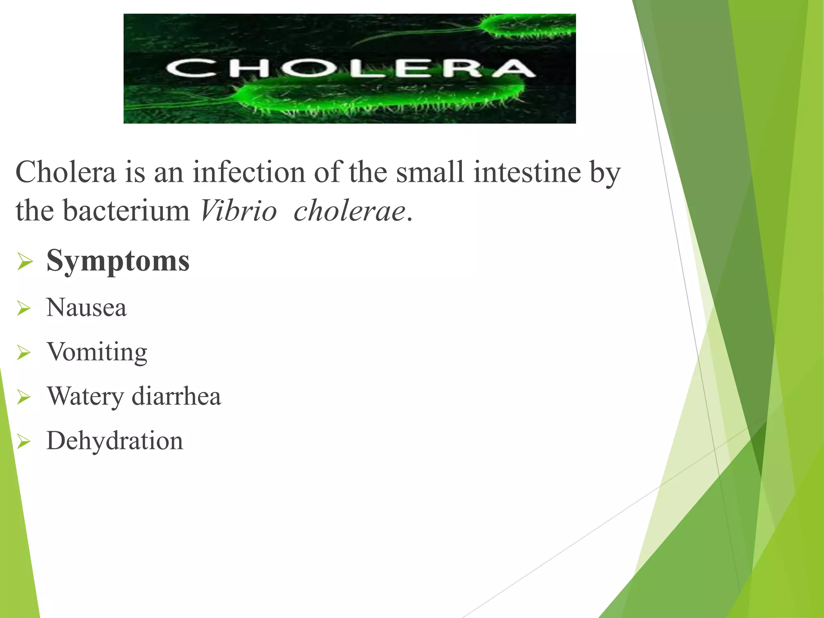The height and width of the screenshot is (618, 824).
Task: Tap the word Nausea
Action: [x=87, y=308]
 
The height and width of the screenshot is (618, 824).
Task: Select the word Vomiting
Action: [x=97, y=352]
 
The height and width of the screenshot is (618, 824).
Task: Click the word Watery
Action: [x=85, y=397]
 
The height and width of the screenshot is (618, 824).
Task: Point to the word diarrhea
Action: [x=176, y=396]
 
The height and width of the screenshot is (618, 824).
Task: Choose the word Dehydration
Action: [x=115, y=441]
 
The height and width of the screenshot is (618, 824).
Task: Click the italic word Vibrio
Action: [x=239, y=211]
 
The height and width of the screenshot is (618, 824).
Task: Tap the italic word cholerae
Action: [x=349, y=211]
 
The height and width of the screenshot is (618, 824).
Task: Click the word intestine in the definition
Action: [x=527, y=172]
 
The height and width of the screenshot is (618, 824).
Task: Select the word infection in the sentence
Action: [x=248, y=172]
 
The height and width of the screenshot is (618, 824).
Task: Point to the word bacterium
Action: [x=126, y=211]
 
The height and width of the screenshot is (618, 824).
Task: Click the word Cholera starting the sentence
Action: [x=66, y=172]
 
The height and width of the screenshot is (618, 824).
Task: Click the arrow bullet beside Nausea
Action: [x=24, y=309]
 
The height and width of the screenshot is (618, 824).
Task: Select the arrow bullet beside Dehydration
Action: [x=24, y=442]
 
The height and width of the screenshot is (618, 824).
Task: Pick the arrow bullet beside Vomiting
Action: [x=24, y=353]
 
